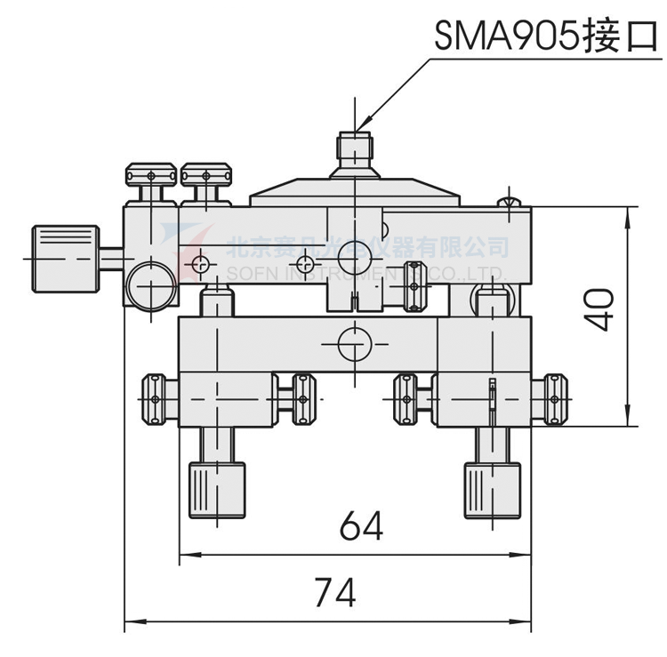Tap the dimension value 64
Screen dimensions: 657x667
(360, 526)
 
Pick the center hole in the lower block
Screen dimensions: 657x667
(353, 341)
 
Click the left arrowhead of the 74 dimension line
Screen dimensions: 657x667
(128, 621)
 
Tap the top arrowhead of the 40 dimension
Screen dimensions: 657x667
(631, 212)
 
